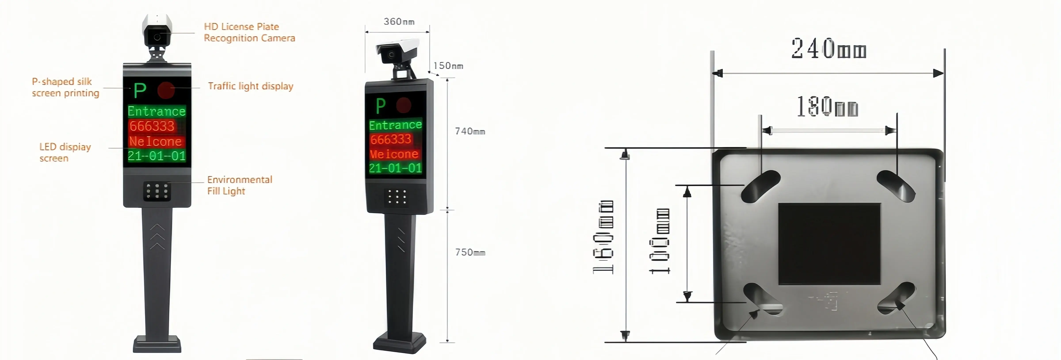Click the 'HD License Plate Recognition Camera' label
[x=249, y=32]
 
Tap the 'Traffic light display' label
[x=250, y=86]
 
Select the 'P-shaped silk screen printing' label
[x=65, y=87]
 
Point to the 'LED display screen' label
[x=65, y=152]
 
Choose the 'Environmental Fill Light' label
[x=239, y=185]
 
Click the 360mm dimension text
[x=399, y=21]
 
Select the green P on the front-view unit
[x=140, y=90]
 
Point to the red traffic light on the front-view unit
[x=166, y=90]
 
